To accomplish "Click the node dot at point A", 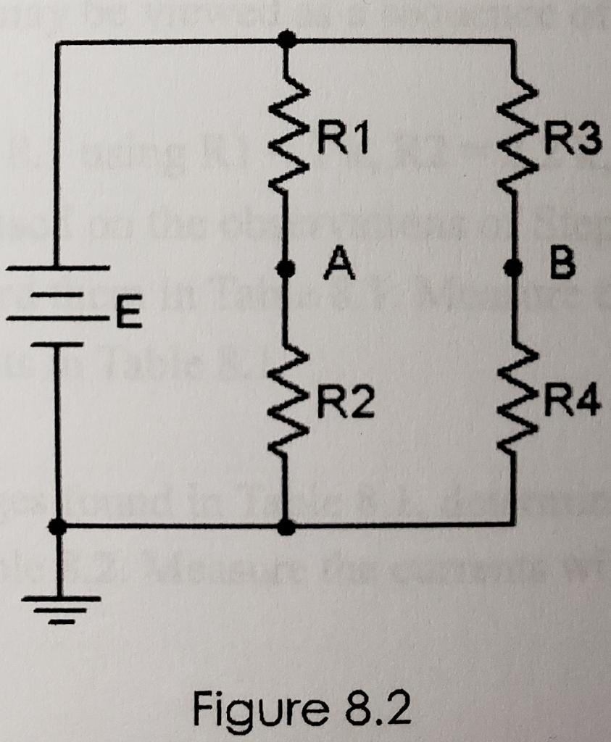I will coord(288,269).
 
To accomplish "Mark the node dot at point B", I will coord(515,269).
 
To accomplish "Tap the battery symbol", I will coord(58,304).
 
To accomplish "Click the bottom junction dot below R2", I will coord(288,527).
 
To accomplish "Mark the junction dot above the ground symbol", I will coord(60,526).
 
